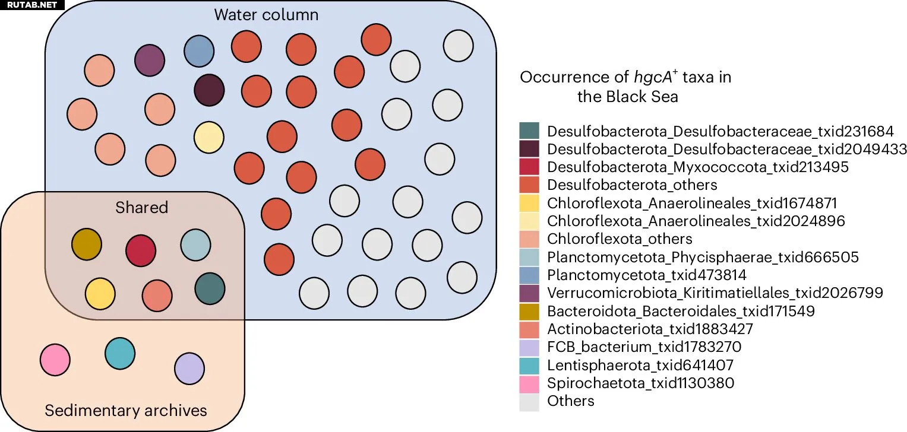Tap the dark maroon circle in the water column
coord(209,91)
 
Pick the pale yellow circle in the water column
coord(209,137)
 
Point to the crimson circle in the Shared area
coord(141,250)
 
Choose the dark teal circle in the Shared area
coord(210,288)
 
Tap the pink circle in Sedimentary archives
coord(55,360)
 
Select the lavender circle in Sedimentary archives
coord(189,368)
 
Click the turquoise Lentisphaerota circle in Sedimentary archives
coord(120,353)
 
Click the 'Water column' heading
coord(267,15)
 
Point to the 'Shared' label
coord(142,208)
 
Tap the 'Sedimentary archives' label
coord(126,410)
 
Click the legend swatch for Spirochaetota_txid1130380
coord(529,383)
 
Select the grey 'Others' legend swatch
coord(529,401)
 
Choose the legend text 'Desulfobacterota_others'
coord(632,185)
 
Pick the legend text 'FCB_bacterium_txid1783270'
coord(644,347)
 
